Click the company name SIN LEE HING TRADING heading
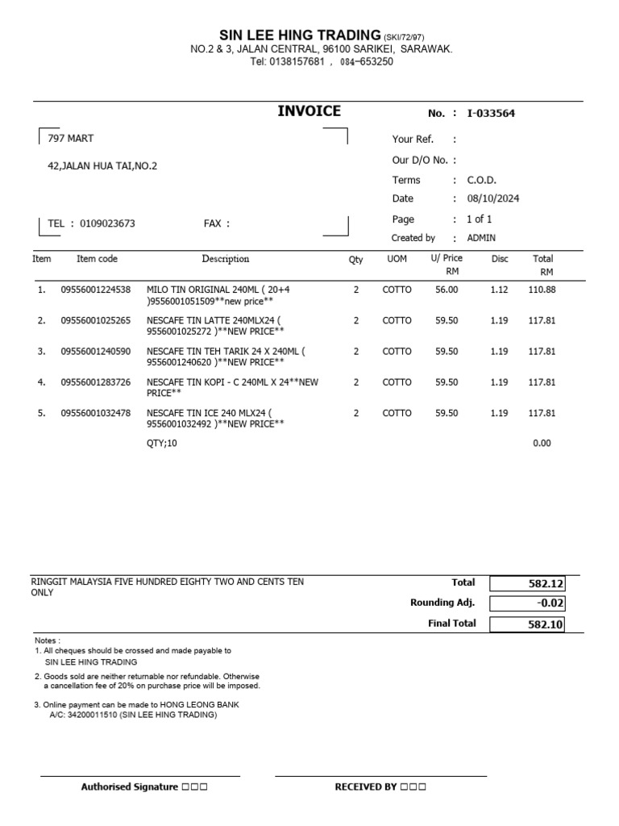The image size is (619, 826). [300, 35]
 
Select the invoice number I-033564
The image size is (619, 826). [491, 114]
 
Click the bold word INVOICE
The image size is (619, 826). [309, 111]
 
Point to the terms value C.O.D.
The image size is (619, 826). [483, 181]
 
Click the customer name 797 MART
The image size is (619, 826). [71, 139]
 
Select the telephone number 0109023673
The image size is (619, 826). [107, 223]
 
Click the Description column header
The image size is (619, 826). [226, 259]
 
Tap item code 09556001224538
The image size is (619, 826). [95, 290]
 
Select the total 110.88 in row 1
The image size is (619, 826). [542, 290]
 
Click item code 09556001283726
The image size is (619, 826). [95, 382]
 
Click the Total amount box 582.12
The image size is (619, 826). [527, 583]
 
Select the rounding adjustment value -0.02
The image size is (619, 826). [527, 603]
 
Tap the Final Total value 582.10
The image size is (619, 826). [527, 624]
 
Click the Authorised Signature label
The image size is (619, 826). [129, 787]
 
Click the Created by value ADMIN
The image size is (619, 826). [482, 238]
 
